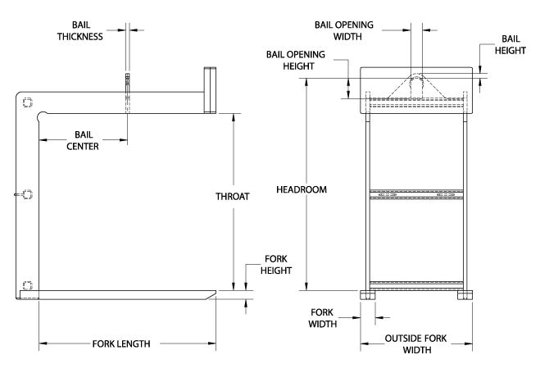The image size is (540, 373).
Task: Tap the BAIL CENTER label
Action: [83, 140]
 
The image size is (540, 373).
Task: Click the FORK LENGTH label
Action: [126, 343]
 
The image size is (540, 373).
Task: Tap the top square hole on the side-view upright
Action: [28, 102]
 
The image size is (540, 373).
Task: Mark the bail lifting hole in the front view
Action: [416, 83]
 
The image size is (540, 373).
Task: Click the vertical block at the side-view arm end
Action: [208, 89]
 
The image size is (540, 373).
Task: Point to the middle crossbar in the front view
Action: [416, 195]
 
